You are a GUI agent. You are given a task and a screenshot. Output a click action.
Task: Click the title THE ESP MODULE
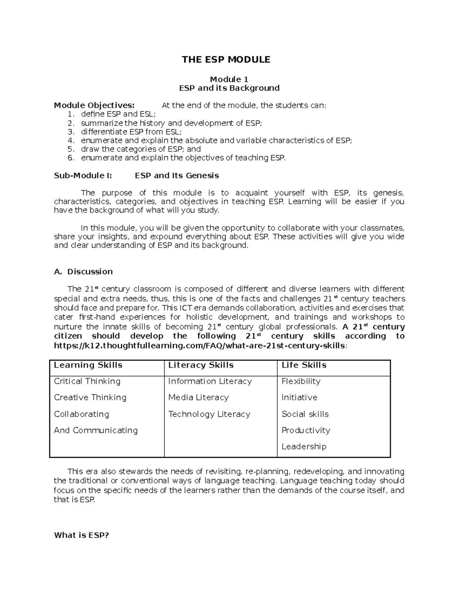tap(226, 60)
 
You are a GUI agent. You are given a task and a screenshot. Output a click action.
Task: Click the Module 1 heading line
tap(229, 79)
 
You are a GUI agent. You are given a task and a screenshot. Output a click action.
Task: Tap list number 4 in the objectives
tap(70, 140)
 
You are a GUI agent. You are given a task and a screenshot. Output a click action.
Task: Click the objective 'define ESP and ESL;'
tap(118, 114)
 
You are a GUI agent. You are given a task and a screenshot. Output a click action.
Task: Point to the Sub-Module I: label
tap(83, 176)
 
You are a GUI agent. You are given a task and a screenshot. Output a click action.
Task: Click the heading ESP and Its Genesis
tap(177, 176)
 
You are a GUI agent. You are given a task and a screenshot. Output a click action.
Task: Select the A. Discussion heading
tap(83, 272)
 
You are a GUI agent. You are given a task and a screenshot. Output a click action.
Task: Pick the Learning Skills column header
tap(88, 365)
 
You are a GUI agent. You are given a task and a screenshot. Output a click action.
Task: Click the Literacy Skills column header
tap(201, 365)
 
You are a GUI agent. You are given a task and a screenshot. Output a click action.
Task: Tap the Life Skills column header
tap(304, 365)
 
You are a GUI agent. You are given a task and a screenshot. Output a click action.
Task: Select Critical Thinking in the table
tap(87, 381)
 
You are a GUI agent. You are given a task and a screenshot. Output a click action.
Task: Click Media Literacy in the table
tap(198, 397)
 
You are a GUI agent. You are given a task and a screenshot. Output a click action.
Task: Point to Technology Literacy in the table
tap(209, 414)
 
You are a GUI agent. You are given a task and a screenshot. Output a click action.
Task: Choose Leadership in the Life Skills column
tap(304, 446)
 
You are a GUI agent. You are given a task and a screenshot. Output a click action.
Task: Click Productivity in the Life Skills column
tap(306, 430)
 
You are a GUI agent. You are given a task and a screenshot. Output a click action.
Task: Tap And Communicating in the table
tap(96, 430)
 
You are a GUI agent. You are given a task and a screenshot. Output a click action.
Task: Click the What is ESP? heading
tap(81, 535)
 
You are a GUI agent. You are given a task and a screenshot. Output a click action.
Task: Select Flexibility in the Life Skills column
tap(301, 381)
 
